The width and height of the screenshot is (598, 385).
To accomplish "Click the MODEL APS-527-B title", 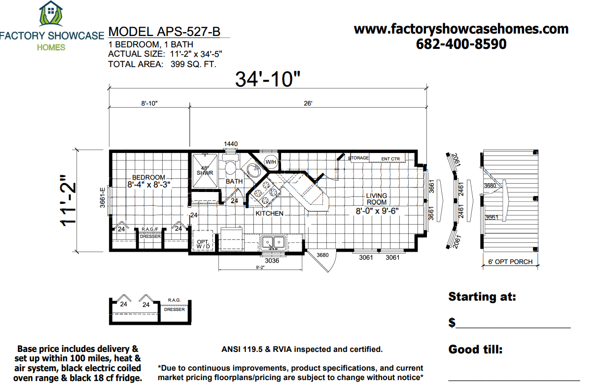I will click(x=164, y=32).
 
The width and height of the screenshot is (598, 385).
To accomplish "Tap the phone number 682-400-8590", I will click(x=461, y=44).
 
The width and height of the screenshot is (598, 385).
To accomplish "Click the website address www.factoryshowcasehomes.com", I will click(x=461, y=29).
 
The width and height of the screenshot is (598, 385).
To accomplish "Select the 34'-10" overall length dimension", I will click(x=267, y=79).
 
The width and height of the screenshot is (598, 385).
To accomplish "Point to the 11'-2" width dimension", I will click(x=69, y=200).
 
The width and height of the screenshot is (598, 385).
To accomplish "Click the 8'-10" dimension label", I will click(x=149, y=104).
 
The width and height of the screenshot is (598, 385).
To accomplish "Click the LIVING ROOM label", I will click(x=377, y=199).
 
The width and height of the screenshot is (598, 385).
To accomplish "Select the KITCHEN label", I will click(x=269, y=213).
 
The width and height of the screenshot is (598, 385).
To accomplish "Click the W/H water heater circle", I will click(x=271, y=162).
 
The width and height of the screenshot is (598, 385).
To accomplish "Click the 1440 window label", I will click(x=231, y=144).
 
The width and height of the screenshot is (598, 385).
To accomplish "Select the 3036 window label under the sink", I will click(x=272, y=261).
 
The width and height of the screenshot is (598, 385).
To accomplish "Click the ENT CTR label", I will click(x=391, y=159).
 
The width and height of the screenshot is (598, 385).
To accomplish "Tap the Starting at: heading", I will click(x=482, y=297).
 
